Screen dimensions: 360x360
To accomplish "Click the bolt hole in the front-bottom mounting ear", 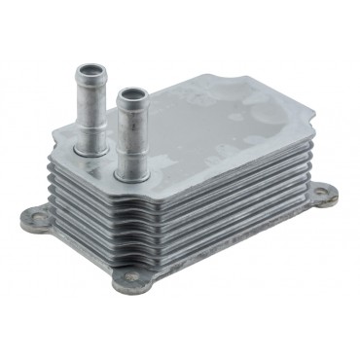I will pyautogui.click(x=131, y=281).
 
